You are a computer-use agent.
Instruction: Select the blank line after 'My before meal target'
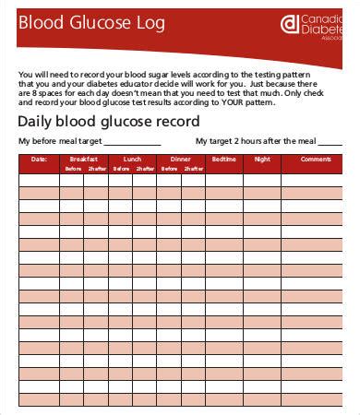(x=132, y=143)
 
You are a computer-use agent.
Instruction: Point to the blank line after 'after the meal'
(x=333, y=143)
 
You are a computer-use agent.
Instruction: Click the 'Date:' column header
(x=39, y=159)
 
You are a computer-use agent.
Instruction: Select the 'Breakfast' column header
(x=84, y=159)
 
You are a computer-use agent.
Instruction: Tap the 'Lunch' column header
(x=132, y=159)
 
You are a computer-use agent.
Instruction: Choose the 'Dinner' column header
(x=180, y=159)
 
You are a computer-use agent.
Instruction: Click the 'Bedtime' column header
(x=224, y=159)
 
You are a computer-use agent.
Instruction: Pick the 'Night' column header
(x=263, y=159)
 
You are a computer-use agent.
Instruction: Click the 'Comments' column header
(x=317, y=159)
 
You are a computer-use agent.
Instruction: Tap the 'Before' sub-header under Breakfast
(x=72, y=169)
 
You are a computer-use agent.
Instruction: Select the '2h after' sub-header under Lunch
(x=144, y=169)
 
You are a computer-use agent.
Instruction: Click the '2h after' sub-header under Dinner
(x=192, y=169)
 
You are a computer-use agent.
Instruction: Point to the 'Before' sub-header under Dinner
(x=168, y=169)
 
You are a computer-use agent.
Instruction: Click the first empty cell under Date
(x=39, y=181)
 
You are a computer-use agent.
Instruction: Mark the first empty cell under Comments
(x=317, y=181)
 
